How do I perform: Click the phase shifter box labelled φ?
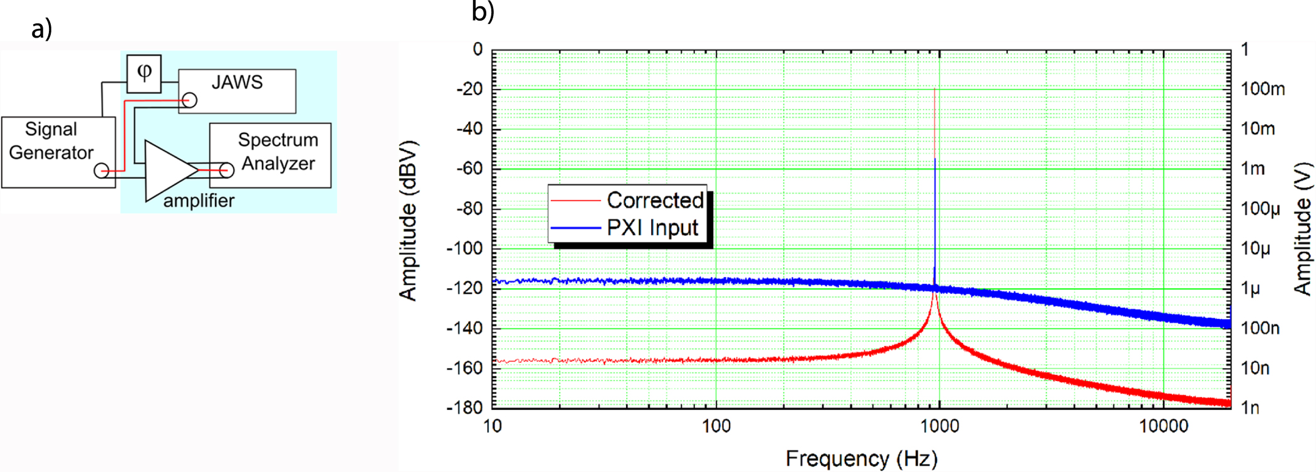click(144, 73)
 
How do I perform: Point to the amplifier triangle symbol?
click(168, 170)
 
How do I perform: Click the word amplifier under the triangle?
click(199, 201)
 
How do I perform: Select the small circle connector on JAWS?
click(189, 100)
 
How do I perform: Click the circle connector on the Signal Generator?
click(102, 170)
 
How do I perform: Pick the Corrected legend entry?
click(654, 200)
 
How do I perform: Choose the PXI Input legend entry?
click(652, 228)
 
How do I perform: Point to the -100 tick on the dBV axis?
click(464, 248)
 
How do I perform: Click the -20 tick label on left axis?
click(469, 89)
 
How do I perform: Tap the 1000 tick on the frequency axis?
click(939, 426)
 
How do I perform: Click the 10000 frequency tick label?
click(1163, 426)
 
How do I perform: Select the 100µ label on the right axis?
click(1260, 209)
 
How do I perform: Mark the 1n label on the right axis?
click(1250, 408)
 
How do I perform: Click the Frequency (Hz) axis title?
click(862, 458)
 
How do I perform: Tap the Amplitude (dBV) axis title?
click(408, 221)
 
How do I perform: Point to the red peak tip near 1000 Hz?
click(934, 89)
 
